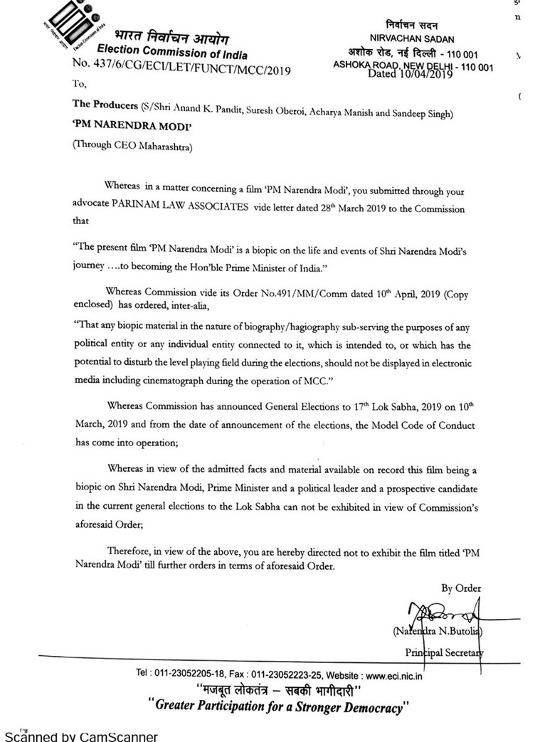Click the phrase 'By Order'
pyautogui.click(x=461, y=588)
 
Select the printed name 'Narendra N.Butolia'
pyautogui.click(x=439, y=630)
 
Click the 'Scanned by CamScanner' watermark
pyautogui.click(x=82, y=736)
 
